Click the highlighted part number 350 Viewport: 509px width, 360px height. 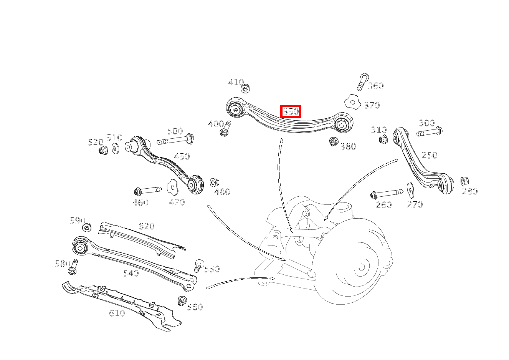click(x=291, y=111)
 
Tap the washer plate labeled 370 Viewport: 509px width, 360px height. click(x=352, y=102)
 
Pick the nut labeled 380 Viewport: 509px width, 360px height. click(x=333, y=141)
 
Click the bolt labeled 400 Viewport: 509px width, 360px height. click(x=225, y=129)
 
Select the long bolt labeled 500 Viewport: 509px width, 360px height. click(x=175, y=139)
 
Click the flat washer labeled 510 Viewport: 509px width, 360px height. click(x=116, y=149)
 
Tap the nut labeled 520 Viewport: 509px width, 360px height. click(x=103, y=150)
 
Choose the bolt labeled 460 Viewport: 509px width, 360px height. click(x=148, y=191)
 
